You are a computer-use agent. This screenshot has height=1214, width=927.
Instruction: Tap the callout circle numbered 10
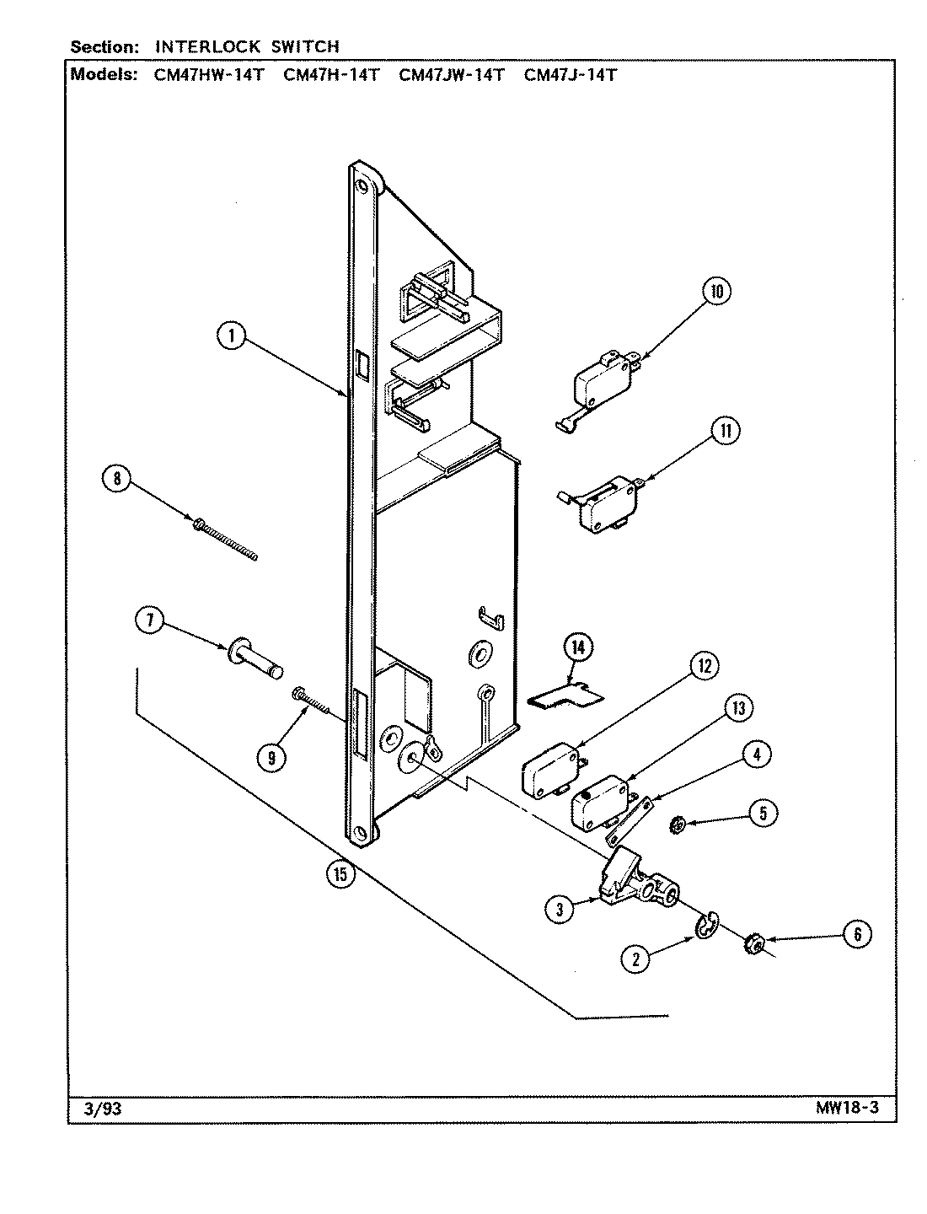coord(716,293)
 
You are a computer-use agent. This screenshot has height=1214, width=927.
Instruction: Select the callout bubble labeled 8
coord(117,479)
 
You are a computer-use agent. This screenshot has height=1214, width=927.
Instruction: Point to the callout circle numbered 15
coord(340,874)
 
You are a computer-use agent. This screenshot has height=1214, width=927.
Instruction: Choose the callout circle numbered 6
coord(857,933)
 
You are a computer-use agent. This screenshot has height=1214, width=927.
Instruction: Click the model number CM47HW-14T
coord(209,74)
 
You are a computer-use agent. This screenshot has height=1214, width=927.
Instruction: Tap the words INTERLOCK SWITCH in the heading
coord(247,46)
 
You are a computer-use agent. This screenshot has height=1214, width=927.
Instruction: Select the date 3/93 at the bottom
coord(104,1109)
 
